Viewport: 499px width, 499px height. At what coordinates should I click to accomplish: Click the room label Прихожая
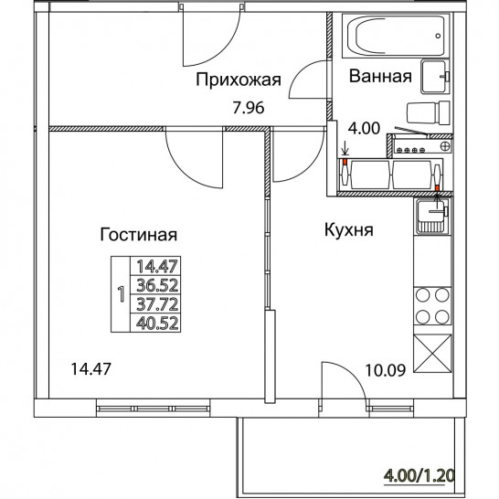pos(239,80)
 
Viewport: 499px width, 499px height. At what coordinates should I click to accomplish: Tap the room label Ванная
pos(380,77)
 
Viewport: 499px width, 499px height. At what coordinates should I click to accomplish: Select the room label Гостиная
pos(138,235)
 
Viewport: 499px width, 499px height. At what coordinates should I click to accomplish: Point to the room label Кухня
pos(349,229)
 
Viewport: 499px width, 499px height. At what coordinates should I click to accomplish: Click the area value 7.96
pos(249,108)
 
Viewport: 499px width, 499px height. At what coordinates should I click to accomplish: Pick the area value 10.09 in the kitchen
pos(386,370)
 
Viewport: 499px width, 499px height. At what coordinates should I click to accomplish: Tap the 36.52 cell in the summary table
pos(157,285)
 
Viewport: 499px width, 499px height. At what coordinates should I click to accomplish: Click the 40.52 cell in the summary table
pos(157,324)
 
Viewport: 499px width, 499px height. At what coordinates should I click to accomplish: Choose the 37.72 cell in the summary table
pos(157,304)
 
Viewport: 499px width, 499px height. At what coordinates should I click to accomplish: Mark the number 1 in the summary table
pos(121,294)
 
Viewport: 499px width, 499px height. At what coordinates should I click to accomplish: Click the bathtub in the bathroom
pos(396,36)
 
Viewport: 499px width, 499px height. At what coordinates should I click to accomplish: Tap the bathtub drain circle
pos(438,36)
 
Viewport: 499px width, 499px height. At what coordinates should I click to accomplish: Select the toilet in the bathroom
pos(428,113)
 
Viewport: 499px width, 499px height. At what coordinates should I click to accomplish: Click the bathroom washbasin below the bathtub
pos(435,77)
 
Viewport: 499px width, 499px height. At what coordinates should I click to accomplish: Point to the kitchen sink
pos(432,216)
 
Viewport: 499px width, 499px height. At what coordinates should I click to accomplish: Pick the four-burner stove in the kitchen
pos(432,306)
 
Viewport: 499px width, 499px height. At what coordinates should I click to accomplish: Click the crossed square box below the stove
pos(432,354)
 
